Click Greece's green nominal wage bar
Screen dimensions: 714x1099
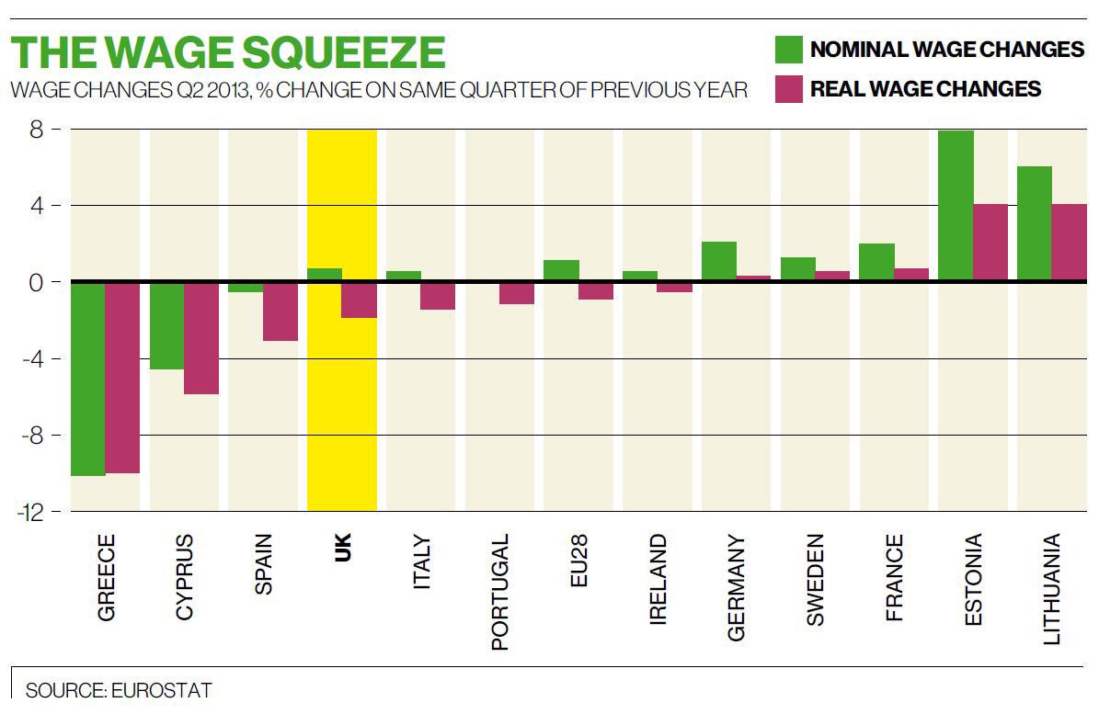pos(87,379)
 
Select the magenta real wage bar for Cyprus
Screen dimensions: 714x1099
pos(201,338)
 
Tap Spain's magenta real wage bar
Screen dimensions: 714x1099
pos(280,312)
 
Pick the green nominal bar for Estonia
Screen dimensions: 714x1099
pos(956,206)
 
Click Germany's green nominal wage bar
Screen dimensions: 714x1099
pos(719,262)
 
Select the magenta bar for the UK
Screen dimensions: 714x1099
pos(360,300)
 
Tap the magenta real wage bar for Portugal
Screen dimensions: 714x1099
pos(517,293)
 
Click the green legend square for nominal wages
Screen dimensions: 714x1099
pos(788,49)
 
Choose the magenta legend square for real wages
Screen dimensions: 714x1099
pos(788,89)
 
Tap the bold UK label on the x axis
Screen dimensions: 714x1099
pos(342,548)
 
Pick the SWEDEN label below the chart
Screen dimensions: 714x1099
pos(816,580)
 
